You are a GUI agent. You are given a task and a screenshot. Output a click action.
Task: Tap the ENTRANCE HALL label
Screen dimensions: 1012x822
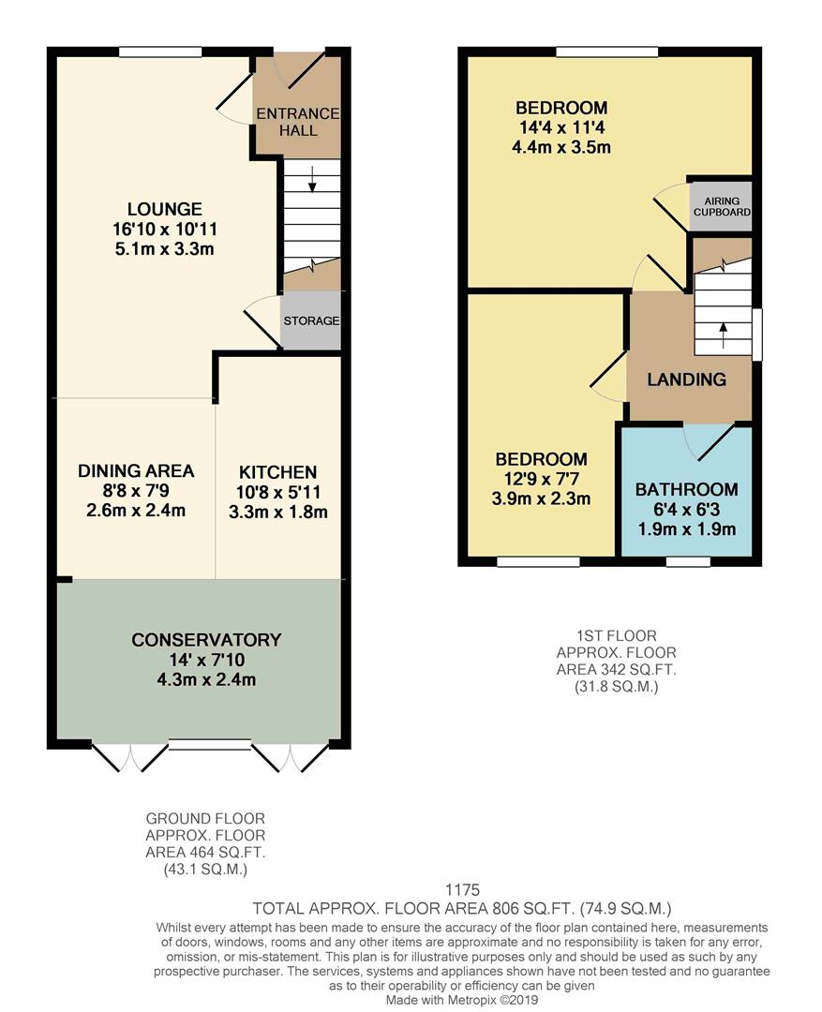[298, 122]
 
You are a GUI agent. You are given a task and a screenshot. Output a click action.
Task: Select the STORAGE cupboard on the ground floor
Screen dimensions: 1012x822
[311, 320]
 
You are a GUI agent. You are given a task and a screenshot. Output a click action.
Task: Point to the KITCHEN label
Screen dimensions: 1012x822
[277, 472]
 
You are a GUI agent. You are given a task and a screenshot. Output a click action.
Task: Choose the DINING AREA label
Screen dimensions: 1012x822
[136, 470]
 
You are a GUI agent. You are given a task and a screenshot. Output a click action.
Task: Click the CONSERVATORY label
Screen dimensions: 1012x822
[206, 640]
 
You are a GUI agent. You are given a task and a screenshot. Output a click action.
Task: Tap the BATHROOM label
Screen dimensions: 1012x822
[686, 489]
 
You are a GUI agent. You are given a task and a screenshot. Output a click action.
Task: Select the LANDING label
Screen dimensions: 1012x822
[687, 379]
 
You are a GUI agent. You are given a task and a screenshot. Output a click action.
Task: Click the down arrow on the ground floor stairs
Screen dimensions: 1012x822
[312, 184]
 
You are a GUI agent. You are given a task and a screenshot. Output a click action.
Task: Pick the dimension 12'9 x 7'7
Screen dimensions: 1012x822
[542, 479]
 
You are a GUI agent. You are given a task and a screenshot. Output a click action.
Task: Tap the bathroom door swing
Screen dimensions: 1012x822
[710, 440]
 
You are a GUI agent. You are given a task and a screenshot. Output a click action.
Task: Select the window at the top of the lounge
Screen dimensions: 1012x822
[159, 51]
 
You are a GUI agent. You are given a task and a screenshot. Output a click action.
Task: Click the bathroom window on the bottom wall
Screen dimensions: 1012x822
[688, 562]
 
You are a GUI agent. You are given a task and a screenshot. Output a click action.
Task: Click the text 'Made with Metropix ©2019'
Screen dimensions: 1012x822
[462, 1000]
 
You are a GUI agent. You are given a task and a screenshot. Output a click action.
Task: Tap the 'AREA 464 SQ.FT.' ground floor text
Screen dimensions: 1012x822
[205, 852]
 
